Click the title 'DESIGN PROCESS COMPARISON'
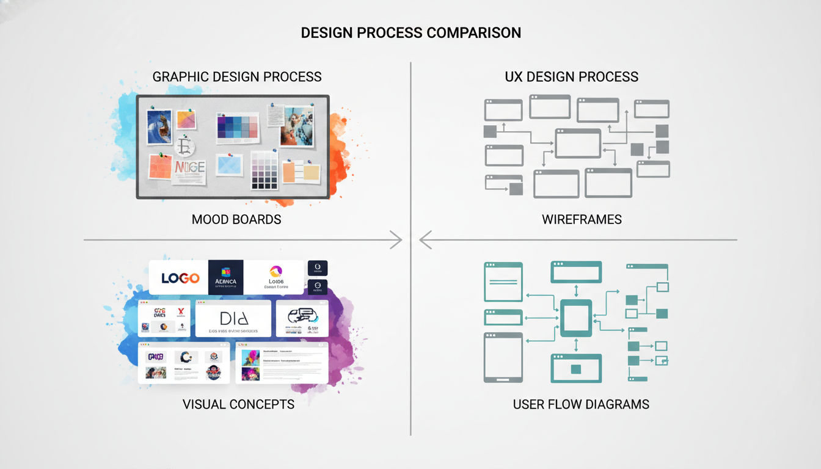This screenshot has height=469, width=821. [410, 33]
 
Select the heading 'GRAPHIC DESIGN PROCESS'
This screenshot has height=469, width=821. [237, 77]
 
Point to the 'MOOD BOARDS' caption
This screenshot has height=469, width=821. [236, 219]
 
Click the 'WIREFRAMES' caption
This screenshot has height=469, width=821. [582, 219]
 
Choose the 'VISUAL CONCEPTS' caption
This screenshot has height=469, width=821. [238, 404]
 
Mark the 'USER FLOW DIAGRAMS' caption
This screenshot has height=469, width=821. [581, 404]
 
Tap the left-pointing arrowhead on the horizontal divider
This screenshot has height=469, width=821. [425, 240]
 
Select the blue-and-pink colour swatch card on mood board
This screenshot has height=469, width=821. [238, 128]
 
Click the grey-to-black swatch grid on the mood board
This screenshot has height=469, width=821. [265, 170]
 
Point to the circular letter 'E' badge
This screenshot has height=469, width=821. [184, 147]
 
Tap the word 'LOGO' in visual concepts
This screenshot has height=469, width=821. [180, 278]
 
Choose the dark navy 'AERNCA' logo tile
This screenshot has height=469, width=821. [225, 277]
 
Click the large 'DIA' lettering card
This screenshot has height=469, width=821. [233, 318]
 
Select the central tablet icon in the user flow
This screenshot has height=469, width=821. [576, 318]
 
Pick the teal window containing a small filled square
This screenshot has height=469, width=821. [576, 368]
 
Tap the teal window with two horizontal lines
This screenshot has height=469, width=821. [503, 282]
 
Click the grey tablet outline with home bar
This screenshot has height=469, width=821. [503, 357]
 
